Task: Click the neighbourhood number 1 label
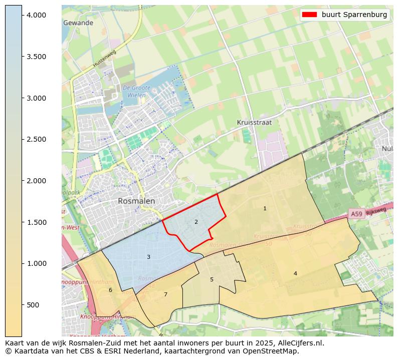point(265,208)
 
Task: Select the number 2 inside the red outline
point(196,222)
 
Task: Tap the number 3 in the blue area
point(148,257)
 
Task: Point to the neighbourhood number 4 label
point(295,273)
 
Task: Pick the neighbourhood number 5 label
point(212,279)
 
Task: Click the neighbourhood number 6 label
point(110,290)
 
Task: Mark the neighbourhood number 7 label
point(165,294)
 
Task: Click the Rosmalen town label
point(136,201)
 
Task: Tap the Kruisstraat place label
point(254,122)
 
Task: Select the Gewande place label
point(78,23)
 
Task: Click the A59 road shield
point(356,214)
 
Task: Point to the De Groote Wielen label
point(134,92)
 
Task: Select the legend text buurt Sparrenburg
point(354,15)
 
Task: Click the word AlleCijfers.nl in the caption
point(300,343)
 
